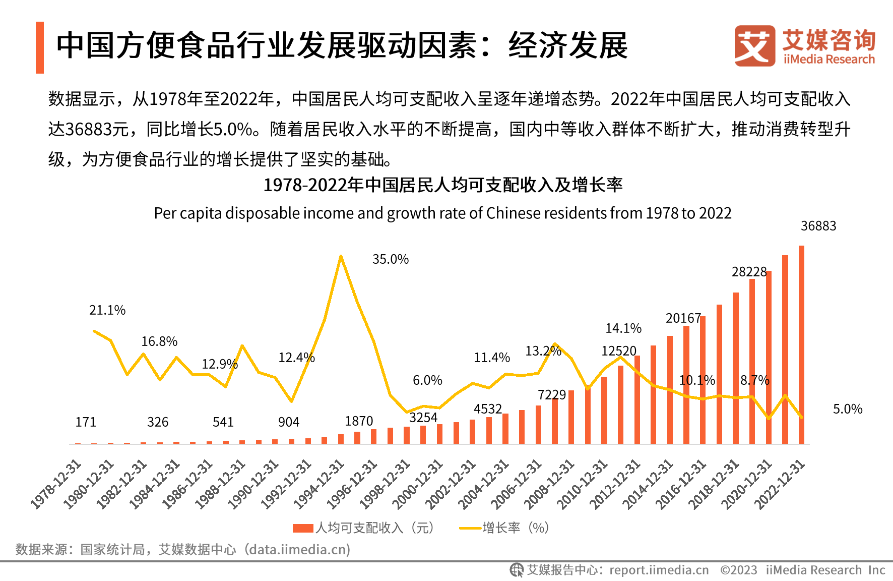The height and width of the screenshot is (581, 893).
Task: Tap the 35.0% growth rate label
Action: [391, 259]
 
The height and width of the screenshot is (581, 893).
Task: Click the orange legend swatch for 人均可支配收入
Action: [303, 528]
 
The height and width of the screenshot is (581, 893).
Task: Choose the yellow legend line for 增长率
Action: [470, 528]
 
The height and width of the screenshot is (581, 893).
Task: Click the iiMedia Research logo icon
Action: [754, 46]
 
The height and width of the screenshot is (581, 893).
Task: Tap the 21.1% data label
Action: [107, 310]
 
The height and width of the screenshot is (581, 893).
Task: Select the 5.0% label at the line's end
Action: [848, 409]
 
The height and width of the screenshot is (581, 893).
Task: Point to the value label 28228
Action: [749, 272]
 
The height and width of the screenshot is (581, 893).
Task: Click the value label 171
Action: [86, 422]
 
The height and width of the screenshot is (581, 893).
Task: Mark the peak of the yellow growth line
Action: [341, 256]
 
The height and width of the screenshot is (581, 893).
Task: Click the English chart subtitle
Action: [442, 213]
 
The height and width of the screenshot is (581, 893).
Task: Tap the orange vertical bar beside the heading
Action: [40, 47]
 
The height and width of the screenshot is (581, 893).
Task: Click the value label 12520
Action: [619, 351]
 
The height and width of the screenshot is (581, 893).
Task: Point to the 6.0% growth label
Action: [427, 380]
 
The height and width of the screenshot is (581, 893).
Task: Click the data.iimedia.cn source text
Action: [299, 549]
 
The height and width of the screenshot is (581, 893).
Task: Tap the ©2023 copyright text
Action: [739, 570]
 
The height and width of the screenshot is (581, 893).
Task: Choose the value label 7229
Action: [552, 394]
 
